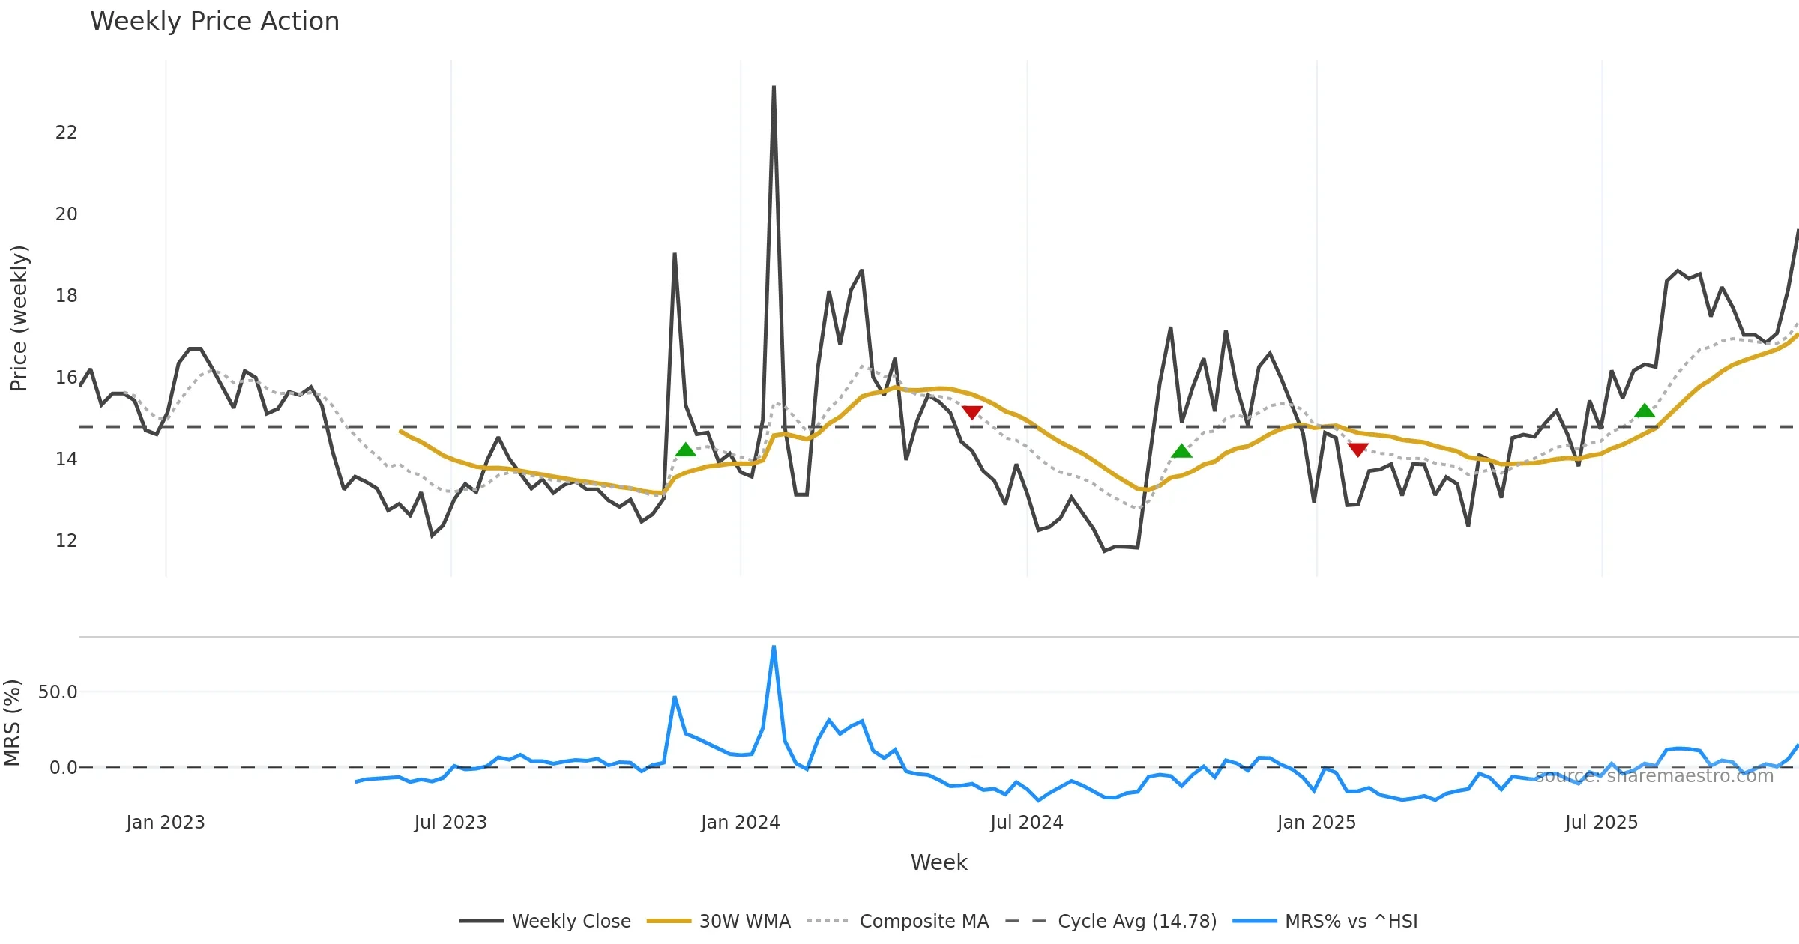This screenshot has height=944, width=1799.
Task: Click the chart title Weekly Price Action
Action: click(x=214, y=22)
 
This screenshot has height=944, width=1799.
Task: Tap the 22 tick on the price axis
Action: click(x=66, y=133)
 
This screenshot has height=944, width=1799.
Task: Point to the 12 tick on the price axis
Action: click(x=66, y=540)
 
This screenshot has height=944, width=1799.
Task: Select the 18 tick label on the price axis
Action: click(x=66, y=296)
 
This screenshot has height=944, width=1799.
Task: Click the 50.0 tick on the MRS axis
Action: click(x=58, y=692)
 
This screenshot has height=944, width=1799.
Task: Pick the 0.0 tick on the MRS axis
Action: click(x=63, y=768)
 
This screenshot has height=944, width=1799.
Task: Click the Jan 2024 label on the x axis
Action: click(x=740, y=823)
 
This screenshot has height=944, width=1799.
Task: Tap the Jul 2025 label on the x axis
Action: click(x=1601, y=823)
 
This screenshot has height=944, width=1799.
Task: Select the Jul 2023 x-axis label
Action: click(x=450, y=823)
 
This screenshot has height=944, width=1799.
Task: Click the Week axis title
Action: click(x=938, y=862)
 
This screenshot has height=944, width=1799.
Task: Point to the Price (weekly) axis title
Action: click(x=19, y=318)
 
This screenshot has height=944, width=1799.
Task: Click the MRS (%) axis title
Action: click(x=12, y=723)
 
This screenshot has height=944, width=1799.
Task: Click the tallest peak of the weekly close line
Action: click(x=774, y=88)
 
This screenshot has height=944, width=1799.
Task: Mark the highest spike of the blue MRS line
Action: click(x=774, y=647)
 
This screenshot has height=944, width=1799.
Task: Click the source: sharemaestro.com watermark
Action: click(x=1654, y=776)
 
